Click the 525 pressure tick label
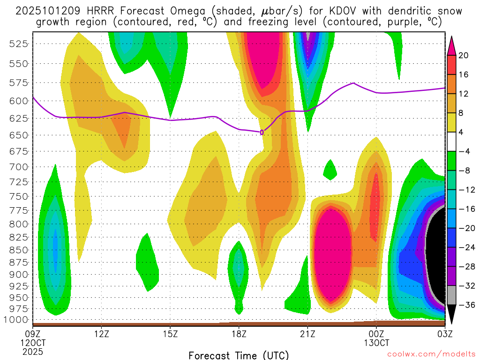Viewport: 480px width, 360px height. [19, 44]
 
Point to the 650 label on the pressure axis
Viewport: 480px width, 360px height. [19, 135]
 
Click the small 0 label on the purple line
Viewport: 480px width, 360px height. [262, 133]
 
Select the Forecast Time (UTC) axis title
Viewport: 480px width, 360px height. [239, 355]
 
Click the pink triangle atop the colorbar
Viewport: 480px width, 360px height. [451, 45]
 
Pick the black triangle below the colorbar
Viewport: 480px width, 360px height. [451, 314]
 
